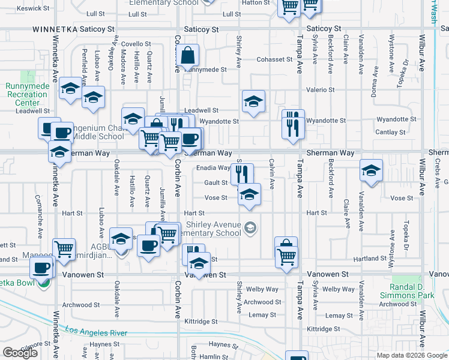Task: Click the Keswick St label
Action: pos(33,8)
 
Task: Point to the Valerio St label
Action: pos(320,90)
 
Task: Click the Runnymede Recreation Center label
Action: pos(27,94)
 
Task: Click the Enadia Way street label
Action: pos(213,169)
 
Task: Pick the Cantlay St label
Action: pos(390,132)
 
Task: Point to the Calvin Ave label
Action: pos(272,172)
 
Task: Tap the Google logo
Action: pos(20,352)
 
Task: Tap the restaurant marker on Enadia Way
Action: pos(242,173)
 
